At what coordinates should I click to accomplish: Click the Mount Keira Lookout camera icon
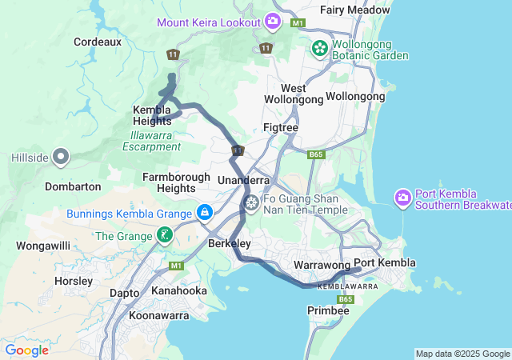[273, 21]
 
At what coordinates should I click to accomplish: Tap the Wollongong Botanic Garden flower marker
[320, 48]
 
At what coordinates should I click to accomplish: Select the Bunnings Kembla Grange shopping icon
[205, 213]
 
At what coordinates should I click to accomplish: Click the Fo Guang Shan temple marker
[251, 204]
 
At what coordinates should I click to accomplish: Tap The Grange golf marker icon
[164, 235]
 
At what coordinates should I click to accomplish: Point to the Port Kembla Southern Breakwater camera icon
[402, 197]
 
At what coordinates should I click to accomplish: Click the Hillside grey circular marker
[61, 158]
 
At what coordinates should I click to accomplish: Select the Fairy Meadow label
[355, 10]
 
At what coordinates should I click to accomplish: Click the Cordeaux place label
[97, 41]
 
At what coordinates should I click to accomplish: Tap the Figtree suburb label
[281, 127]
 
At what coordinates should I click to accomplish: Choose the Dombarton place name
[73, 186]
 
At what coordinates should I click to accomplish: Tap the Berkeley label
[230, 243]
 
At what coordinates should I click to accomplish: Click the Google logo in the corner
[26, 350]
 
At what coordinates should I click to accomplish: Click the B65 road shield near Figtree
[316, 154]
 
